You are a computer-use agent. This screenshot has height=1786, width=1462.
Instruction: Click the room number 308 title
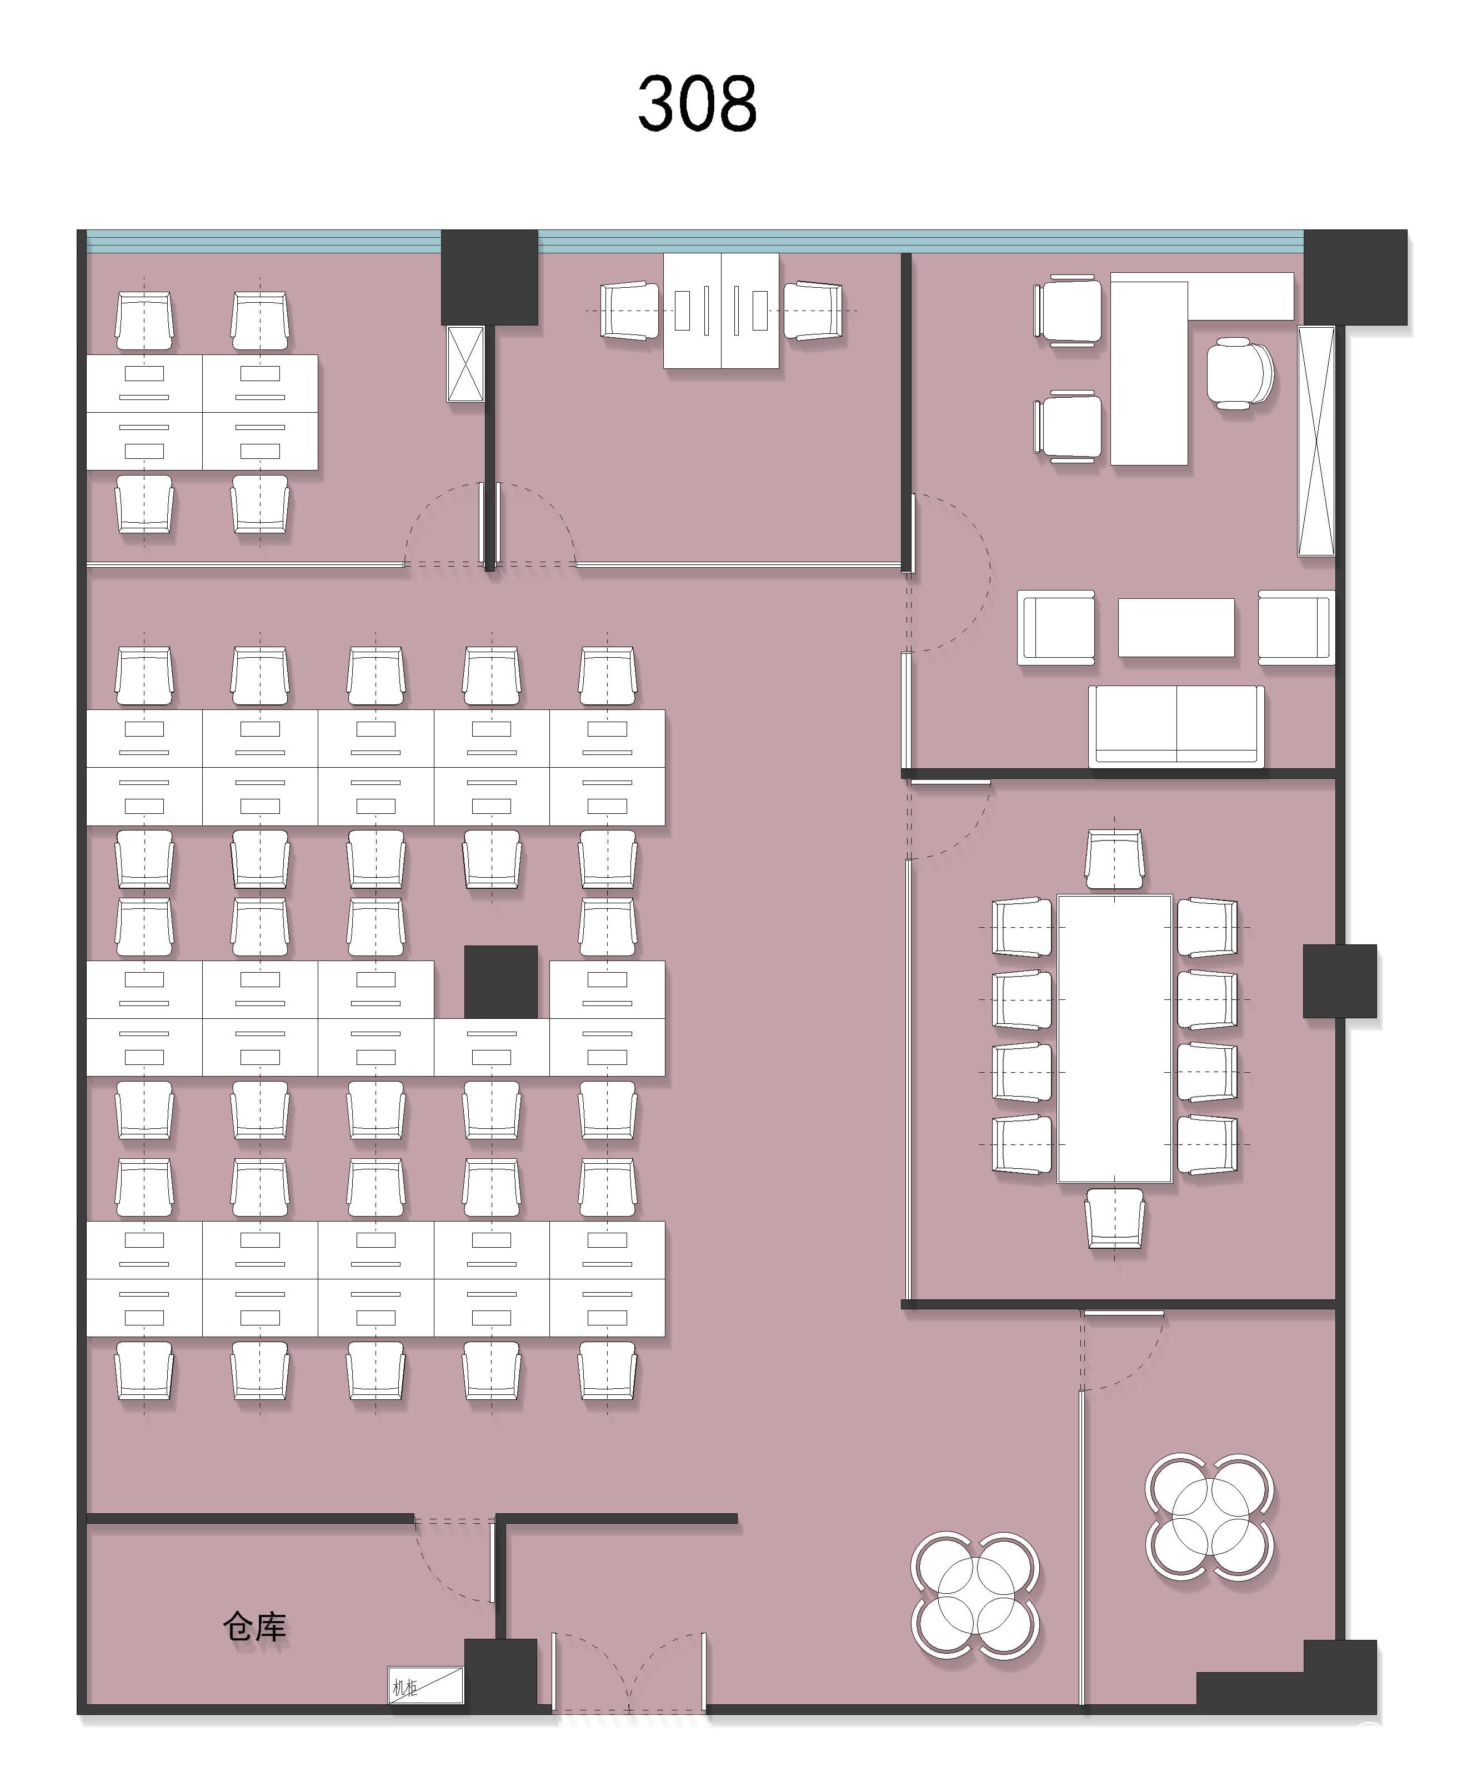click(697, 103)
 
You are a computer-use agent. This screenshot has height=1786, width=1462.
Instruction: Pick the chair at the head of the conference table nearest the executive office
click(1114, 859)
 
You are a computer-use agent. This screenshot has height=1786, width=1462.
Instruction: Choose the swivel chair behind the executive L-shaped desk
click(1240, 373)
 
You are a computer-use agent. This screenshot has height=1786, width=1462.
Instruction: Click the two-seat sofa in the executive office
click(1176, 726)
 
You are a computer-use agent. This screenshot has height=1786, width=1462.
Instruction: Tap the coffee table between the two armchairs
click(1176, 627)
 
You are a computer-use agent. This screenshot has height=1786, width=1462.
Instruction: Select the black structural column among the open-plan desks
click(501, 982)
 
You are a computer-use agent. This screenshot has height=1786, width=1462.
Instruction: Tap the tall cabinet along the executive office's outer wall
click(1316, 441)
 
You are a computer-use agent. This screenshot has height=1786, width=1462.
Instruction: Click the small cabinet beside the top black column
click(465, 364)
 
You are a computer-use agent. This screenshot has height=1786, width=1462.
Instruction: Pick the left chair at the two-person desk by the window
click(629, 311)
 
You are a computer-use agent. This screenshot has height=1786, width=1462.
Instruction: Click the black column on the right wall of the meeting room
click(1340, 981)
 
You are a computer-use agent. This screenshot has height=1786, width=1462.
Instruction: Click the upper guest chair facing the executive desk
click(1067, 310)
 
